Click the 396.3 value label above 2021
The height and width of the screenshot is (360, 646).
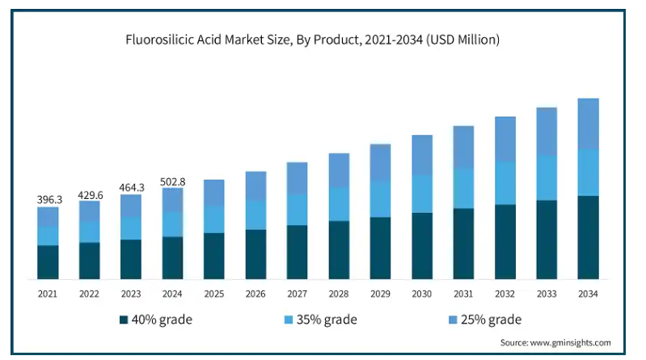click(x=48, y=198)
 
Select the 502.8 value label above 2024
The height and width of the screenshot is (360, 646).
click(x=173, y=182)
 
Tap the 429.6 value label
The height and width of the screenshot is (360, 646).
click(x=90, y=195)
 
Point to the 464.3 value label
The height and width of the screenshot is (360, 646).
click(x=131, y=188)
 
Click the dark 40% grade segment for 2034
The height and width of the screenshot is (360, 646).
click(x=589, y=237)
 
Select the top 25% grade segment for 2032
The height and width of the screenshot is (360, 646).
click(x=505, y=139)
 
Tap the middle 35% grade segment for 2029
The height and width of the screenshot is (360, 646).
click(x=380, y=199)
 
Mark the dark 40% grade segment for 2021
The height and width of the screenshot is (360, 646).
click(x=48, y=262)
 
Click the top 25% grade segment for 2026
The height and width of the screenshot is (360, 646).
click(x=255, y=185)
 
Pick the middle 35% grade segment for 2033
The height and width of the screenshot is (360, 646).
click(x=547, y=177)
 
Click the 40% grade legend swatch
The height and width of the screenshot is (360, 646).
click(x=124, y=320)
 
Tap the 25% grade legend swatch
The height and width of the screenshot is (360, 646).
click(x=451, y=320)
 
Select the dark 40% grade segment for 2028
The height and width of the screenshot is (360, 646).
click(x=339, y=250)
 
